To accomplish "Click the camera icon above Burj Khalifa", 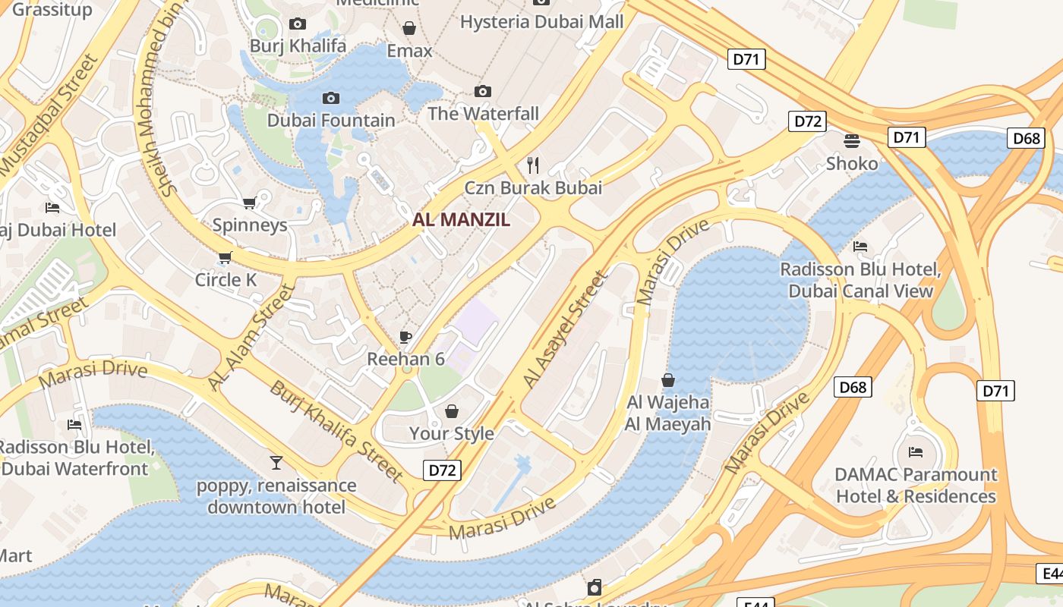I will click(x=298, y=24).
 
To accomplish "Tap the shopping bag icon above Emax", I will click(x=409, y=29).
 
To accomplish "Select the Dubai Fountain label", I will click(x=331, y=121).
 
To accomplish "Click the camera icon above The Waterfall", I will click(x=482, y=92).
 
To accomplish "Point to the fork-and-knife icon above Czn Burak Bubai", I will click(x=533, y=165).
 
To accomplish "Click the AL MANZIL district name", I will click(x=461, y=220).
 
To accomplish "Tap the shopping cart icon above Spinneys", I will click(x=249, y=203).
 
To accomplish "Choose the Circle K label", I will click(x=226, y=280).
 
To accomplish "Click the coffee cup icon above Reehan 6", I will click(x=405, y=337).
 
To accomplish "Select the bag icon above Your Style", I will click(x=452, y=411).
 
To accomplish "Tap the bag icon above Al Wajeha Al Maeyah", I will click(x=668, y=380).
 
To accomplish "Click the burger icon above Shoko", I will click(x=852, y=140).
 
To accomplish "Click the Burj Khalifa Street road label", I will click(x=336, y=431).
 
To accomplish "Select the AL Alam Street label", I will click(x=250, y=338).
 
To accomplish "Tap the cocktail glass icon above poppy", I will click(x=276, y=462).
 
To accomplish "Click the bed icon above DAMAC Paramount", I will click(x=916, y=452).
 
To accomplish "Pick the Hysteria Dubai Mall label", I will click(x=541, y=21).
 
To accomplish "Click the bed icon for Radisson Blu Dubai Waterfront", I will click(x=74, y=425).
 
